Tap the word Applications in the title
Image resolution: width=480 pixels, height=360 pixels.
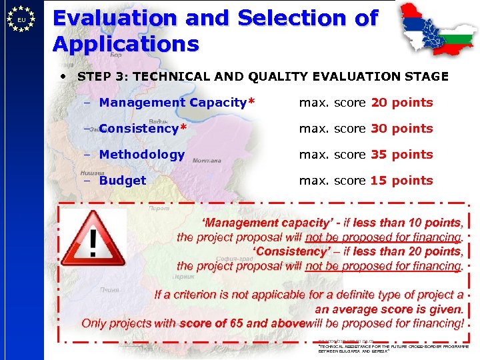[x=126, y=44]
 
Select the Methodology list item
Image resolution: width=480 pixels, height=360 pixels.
[x=141, y=155]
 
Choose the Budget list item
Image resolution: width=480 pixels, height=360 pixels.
[x=123, y=181]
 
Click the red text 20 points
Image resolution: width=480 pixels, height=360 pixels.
[x=402, y=103]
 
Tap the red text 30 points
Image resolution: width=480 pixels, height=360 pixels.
[x=402, y=129]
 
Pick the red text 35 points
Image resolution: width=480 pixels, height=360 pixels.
[x=402, y=155]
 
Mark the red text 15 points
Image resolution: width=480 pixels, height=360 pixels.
[x=402, y=181]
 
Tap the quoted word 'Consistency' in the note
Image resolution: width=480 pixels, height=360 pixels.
[x=291, y=251]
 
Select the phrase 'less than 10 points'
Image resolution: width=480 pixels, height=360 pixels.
[x=407, y=223]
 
